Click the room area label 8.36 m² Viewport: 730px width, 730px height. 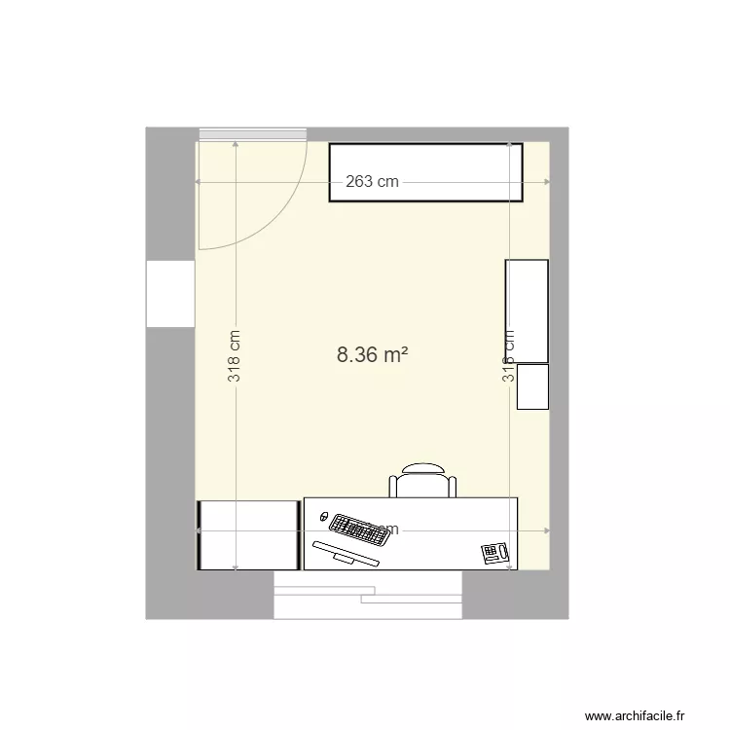coord(372,355)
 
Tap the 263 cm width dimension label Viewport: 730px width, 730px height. coord(373,182)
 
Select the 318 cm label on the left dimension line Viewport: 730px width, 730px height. coord(236,355)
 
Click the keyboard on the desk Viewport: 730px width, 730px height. coord(358,530)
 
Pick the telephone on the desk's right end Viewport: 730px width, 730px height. coord(495,553)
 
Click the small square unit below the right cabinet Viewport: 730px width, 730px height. coord(532,386)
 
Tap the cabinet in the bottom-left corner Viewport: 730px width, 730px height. coord(248,534)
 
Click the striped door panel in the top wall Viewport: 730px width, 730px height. coord(253,134)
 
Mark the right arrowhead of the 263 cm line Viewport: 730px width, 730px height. coord(547,182)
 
